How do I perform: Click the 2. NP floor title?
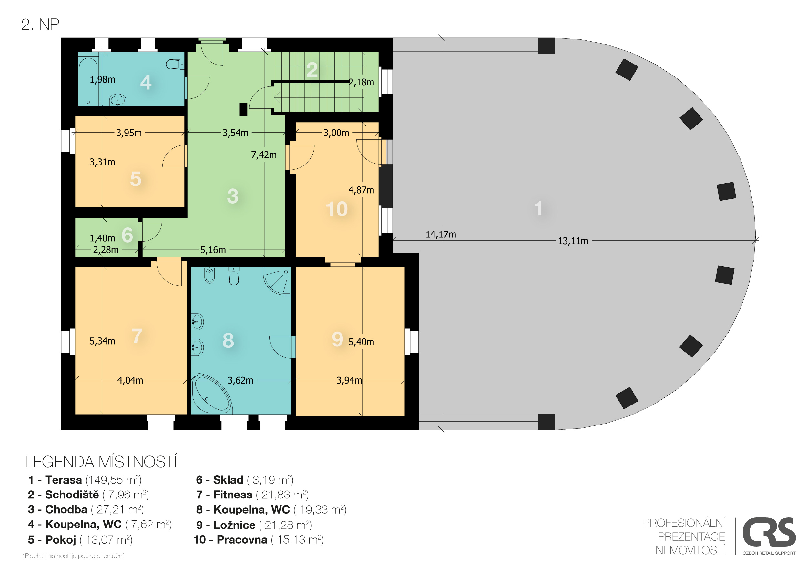40,25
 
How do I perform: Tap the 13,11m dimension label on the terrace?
573,241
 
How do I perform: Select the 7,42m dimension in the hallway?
264,155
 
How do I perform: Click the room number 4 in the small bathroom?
146,83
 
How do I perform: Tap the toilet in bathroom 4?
175,64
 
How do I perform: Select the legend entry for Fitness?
252,495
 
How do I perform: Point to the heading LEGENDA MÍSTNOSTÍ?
101,462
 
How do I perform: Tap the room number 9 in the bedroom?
337,339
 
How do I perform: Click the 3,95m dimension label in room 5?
129,133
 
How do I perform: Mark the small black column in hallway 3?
243,109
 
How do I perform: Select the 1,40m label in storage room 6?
102,238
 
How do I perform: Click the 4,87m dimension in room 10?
361,190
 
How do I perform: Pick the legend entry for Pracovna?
259,540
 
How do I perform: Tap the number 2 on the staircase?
312,70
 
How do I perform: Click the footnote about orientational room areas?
73,556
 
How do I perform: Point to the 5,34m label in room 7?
102,341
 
